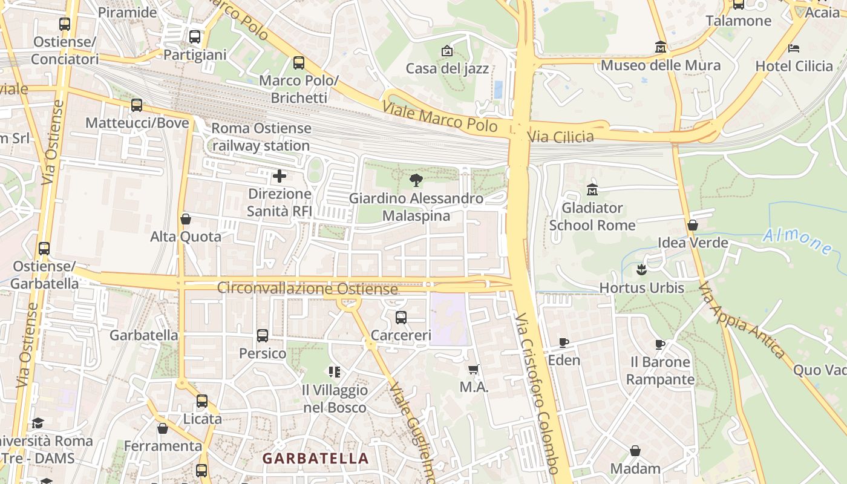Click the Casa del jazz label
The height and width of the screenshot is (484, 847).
click(447, 68)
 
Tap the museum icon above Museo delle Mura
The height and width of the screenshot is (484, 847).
click(661, 47)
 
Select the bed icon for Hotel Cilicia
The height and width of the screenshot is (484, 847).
click(794, 48)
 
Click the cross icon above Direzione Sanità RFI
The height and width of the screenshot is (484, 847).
click(280, 176)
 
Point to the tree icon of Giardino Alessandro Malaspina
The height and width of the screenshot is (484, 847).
click(416, 180)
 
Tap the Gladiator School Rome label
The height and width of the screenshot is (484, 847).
click(592, 217)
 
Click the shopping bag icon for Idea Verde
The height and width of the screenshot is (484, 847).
click(693, 225)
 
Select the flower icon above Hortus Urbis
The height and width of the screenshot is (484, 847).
click(641, 269)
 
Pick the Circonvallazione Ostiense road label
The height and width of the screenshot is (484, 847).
click(307, 288)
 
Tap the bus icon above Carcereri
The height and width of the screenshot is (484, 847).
click(401, 318)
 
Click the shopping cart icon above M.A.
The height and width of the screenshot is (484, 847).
click(474, 369)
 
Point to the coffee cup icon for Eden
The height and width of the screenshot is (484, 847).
click(564, 343)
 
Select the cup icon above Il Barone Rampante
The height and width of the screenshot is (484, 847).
click(660, 345)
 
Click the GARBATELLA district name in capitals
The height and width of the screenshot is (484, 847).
click(315, 459)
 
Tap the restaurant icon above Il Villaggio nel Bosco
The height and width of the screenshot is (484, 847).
click(335, 371)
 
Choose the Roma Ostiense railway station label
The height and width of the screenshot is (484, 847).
click(261, 137)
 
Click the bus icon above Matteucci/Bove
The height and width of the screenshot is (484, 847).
click(137, 105)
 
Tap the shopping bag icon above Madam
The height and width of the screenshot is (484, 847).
click(635, 451)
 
